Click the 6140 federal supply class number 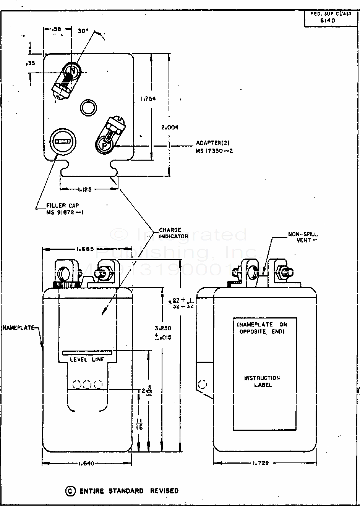tap(328, 21)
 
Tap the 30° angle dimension tap(83, 31)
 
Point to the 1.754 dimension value tap(148, 99)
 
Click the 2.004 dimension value tap(170, 128)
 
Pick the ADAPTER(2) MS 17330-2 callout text tap(214, 147)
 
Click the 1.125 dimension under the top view tap(83, 189)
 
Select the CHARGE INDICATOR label tap(174, 233)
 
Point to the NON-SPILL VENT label tap(303, 237)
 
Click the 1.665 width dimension tap(85, 249)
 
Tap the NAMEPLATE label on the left tap(18, 328)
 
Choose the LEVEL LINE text tap(87, 359)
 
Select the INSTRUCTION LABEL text tap(263, 381)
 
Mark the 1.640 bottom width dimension tap(86, 464)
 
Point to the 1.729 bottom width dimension tap(260, 463)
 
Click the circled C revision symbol tap(70, 491)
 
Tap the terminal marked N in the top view tap(71, 71)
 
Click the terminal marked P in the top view tap(104, 145)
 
